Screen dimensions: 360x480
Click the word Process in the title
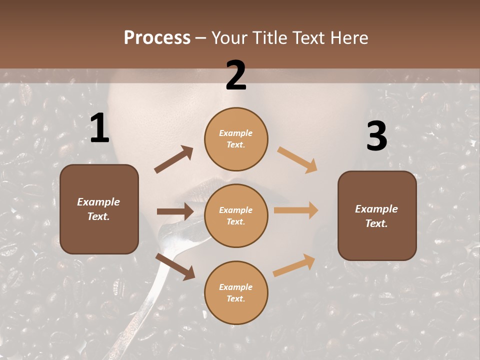point(157,38)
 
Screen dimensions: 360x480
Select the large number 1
point(99,128)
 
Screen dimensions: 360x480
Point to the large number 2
point(236,75)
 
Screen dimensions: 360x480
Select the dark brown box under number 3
point(377,240)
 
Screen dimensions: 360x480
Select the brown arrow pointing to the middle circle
point(175,211)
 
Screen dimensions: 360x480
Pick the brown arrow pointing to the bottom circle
point(175,266)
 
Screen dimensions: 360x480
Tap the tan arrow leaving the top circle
point(297,160)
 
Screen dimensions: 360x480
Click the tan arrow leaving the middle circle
point(296,210)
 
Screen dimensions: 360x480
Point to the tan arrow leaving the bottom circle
point(294,265)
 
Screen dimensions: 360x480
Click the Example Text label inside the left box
point(98,209)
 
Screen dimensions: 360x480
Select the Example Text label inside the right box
point(376,216)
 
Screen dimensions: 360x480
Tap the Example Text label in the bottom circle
point(235,292)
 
